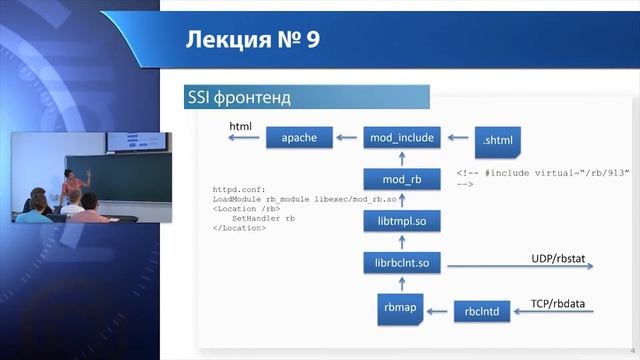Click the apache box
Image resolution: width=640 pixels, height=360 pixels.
click(x=299, y=139)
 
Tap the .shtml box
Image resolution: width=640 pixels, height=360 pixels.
click(x=496, y=140)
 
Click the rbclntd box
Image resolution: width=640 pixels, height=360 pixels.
click(x=482, y=312)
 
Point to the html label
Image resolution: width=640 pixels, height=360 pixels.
click(x=240, y=127)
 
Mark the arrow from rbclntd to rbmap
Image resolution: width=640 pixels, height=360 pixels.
click(x=437, y=312)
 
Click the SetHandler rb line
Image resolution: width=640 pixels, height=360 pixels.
click(x=263, y=218)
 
